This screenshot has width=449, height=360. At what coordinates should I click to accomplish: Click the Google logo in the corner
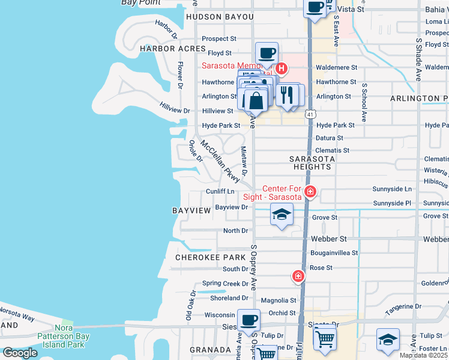click(x=20, y=352)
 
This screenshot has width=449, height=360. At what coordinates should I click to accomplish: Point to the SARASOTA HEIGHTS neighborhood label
click(x=312, y=163)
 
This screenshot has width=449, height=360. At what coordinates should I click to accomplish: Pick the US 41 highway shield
click(x=310, y=113)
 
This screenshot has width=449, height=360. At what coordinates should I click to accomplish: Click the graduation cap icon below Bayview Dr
click(x=282, y=214)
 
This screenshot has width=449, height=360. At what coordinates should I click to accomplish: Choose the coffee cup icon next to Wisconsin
click(x=249, y=320)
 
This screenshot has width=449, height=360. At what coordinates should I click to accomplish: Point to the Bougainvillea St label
click(x=334, y=253)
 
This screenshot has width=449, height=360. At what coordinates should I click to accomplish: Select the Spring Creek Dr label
click(x=225, y=283)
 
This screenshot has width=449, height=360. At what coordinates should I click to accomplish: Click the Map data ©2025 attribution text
click(x=424, y=355)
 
